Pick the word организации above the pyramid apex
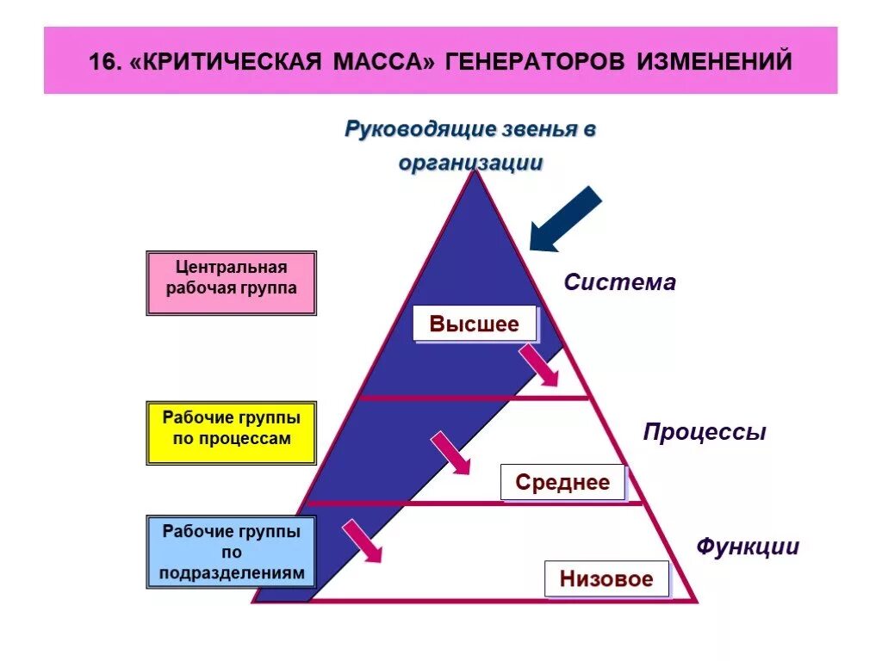(x=470, y=163)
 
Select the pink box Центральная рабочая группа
(x=231, y=283)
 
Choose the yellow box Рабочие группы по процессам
(x=231, y=433)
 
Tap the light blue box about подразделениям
(x=231, y=552)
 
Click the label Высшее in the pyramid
(x=475, y=324)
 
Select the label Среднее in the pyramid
(x=562, y=483)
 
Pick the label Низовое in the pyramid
(x=606, y=578)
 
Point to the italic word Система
(x=620, y=282)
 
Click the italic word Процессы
(x=705, y=432)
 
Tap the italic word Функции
(x=748, y=547)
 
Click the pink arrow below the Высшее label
(x=540, y=366)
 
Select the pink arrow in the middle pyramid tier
(x=450, y=453)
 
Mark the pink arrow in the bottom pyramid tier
(x=362, y=541)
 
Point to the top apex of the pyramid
(x=474, y=172)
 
